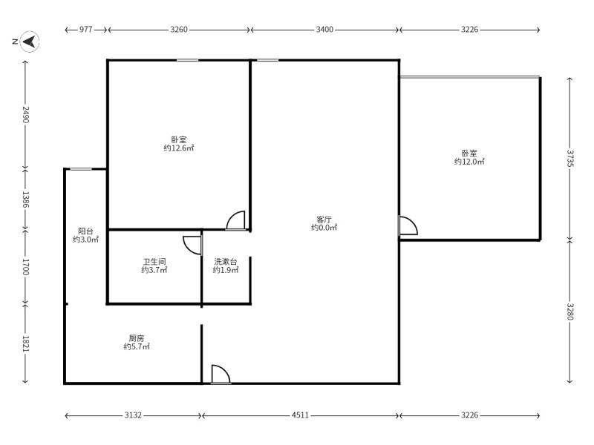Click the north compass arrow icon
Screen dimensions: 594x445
click(x=30, y=42)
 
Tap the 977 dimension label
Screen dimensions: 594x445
click(x=86, y=30)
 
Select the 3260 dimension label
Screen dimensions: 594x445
click(x=179, y=30)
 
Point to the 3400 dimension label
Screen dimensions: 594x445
click(x=324, y=30)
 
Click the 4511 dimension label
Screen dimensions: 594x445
click(x=300, y=415)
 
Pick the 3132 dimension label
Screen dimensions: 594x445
click(x=133, y=415)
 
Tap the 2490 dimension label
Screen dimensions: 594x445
click(x=25, y=114)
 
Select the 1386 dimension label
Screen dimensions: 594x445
click(x=25, y=200)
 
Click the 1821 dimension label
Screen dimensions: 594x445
click(x=25, y=344)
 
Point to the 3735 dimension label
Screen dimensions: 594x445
click(x=570, y=158)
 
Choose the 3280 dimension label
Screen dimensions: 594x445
click(x=570, y=311)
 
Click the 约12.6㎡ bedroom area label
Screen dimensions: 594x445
click(x=179, y=148)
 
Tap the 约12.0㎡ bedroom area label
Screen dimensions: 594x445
click(x=469, y=162)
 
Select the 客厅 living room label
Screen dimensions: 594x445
click(x=324, y=219)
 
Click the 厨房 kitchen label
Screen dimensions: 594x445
click(x=137, y=338)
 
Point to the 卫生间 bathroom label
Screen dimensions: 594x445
click(x=154, y=262)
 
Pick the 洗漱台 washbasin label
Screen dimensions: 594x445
click(x=226, y=262)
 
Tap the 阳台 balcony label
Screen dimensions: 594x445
click(x=85, y=231)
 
